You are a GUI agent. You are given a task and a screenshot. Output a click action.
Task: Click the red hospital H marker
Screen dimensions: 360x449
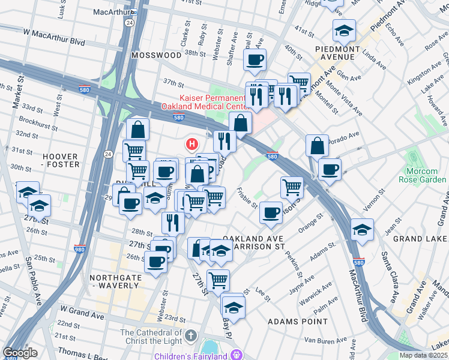coord(192,144)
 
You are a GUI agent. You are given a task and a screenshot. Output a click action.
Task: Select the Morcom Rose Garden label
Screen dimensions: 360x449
coord(422,175)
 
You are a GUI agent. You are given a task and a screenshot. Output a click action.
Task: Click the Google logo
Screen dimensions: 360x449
coord(20,353)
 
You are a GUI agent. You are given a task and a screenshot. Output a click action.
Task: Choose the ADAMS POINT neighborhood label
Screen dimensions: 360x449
coord(291,322)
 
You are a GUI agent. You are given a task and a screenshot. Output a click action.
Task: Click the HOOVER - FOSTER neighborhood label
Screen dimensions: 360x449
coord(61,160)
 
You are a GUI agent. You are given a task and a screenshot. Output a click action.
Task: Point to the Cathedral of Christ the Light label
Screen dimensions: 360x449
coord(151,338)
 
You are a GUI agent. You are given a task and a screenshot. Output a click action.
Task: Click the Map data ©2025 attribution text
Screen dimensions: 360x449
coord(423,355)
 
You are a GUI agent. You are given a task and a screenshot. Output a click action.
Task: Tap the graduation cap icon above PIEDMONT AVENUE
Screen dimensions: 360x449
coord(344,30)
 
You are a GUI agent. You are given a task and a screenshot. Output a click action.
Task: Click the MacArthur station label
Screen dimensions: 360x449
coord(113,11)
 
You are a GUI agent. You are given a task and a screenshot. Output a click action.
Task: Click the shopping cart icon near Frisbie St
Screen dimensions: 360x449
coord(292,187)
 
